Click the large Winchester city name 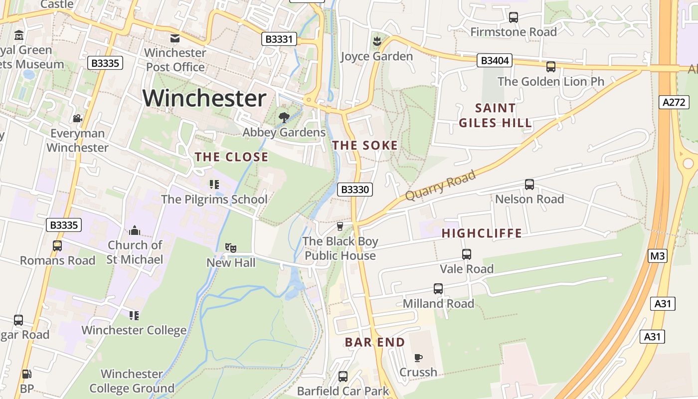pyautogui.click(x=204, y=98)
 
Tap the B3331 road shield pyautogui.click(x=279, y=39)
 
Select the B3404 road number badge pyautogui.click(x=495, y=61)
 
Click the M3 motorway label pyautogui.click(x=658, y=256)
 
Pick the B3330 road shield pyautogui.click(x=355, y=190)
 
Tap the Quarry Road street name pyautogui.click(x=440, y=185)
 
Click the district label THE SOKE pyautogui.click(x=365, y=146)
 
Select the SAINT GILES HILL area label pyautogui.click(x=495, y=115)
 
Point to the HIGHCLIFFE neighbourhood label pyautogui.click(x=482, y=233)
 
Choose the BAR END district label pyautogui.click(x=375, y=342)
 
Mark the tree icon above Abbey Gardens pyautogui.click(x=284, y=118)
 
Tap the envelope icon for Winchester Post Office pyautogui.click(x=175, y=38)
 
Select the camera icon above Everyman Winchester pyautogui.click(x=77, y=119)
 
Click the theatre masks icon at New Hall pyautogui.click(x=231, y=248)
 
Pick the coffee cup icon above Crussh pyautogui.click(x=418, y=358)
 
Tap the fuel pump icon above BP pyautogui.click(x=26, y=374)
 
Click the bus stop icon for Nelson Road pyautogui.click(x=529, y=185)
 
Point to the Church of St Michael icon pyautogui.click(x=135, y=230)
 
